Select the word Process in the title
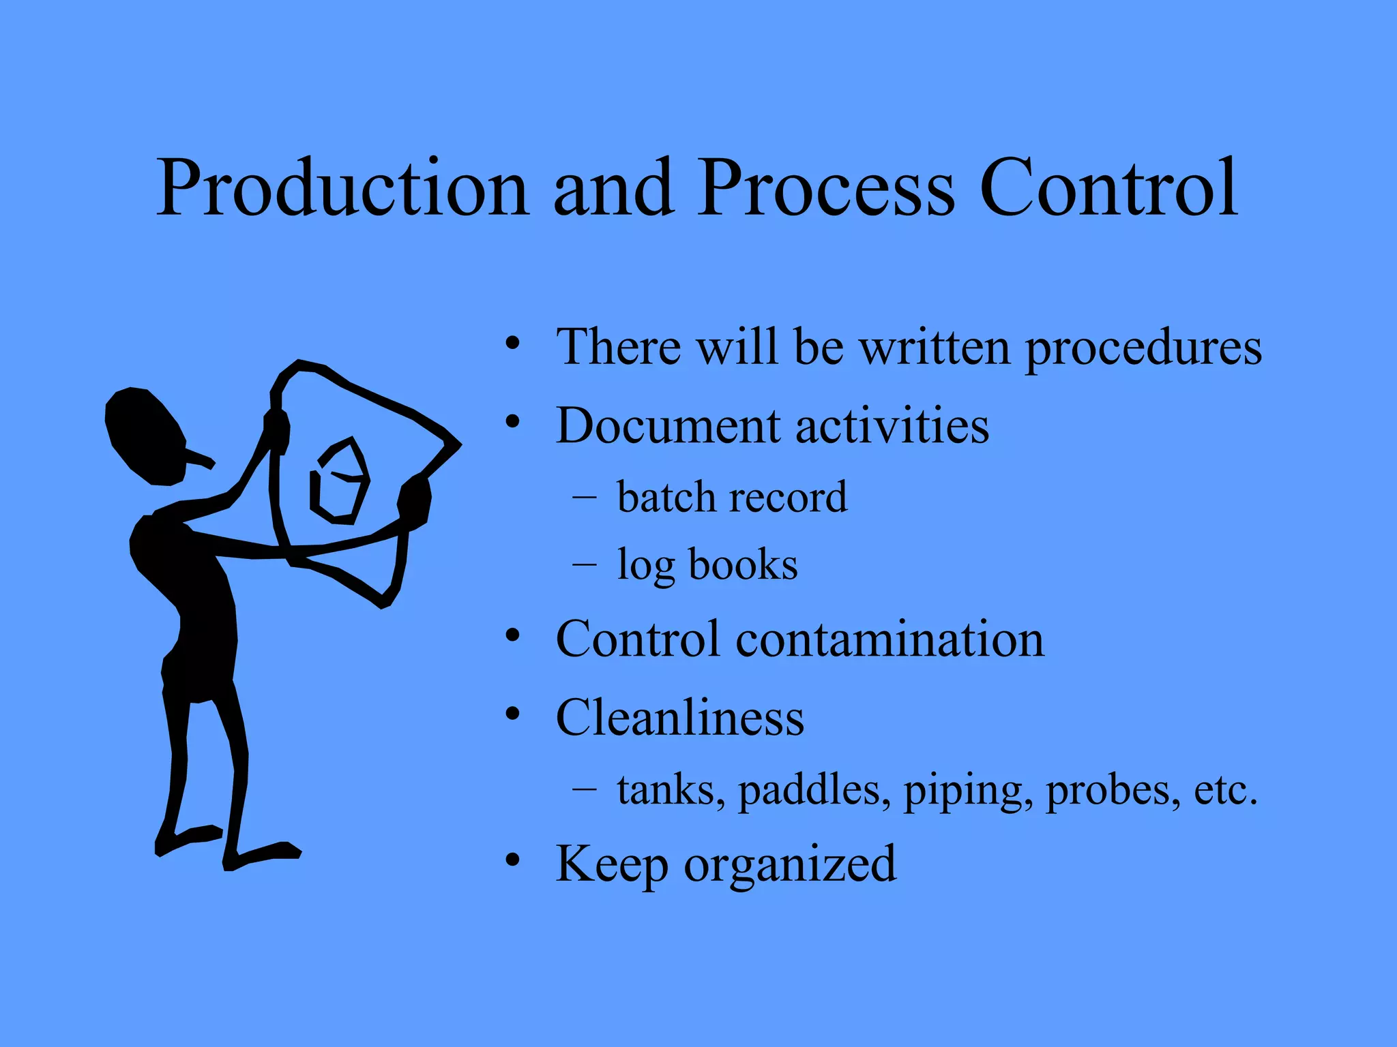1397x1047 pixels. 825,187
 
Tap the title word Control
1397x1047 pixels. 1108,187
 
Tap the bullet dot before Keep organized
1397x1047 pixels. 513,860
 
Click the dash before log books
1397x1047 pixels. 584,564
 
